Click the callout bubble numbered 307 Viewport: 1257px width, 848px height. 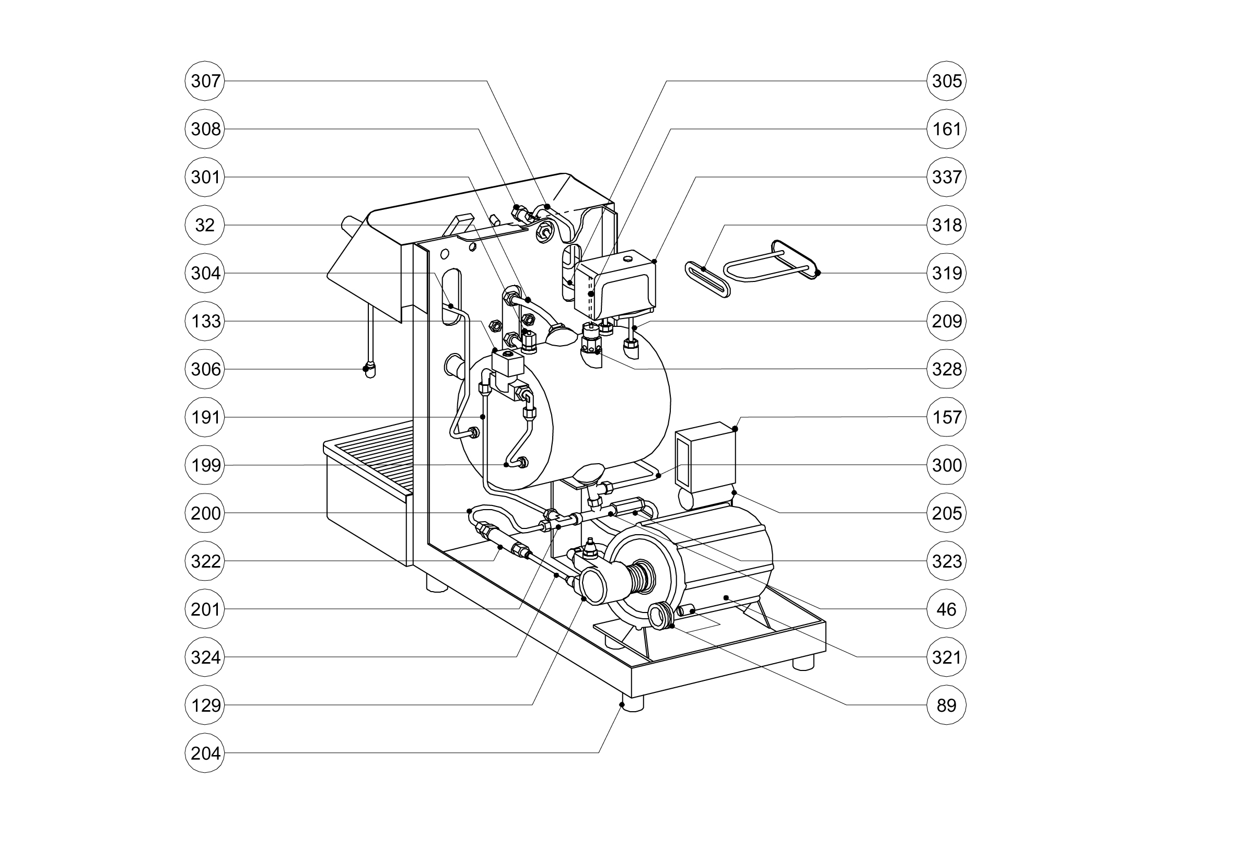(205, 81)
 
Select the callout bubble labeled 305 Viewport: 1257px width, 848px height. (947, 81)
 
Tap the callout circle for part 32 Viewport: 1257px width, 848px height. (205, 225)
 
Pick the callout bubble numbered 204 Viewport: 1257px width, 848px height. (205, 753)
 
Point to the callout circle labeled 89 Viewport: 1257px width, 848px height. (947, 705)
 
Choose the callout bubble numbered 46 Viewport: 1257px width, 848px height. (947, 609)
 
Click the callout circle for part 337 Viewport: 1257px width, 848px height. (947, 176)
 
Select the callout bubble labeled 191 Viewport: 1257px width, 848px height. (205, 417)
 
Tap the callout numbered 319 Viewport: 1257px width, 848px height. (947, 273)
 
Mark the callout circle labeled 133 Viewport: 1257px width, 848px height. (205, 321)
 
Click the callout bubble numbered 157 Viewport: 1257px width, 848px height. (947, 417)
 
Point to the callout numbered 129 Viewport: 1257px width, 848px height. (205, 705)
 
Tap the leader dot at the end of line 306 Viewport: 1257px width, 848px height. (366, 369)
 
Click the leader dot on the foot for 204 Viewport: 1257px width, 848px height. (622, 704)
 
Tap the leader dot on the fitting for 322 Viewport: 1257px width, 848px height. (500, 548)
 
